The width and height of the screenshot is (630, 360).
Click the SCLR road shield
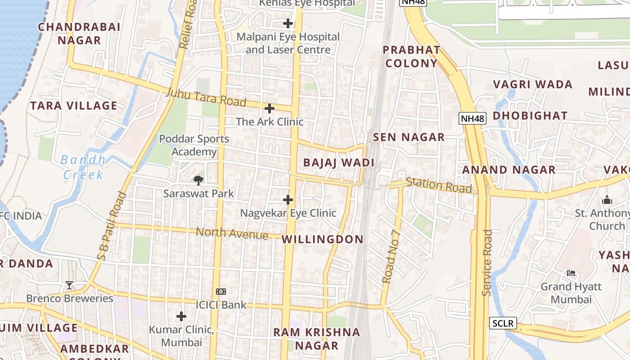[x=503, y=323]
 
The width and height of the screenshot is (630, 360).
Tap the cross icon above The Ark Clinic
[x=270, y=108]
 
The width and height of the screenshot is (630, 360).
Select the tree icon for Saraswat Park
[x=198, y=180]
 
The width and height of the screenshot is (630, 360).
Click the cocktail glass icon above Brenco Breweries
[x=69, y=285]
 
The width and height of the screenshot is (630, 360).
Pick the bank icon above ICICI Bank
[x=221, y=292]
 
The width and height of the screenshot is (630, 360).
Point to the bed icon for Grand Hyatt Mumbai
[x=571, y=273]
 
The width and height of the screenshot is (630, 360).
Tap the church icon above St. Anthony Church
[x=607, y=200]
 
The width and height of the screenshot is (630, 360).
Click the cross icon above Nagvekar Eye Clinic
[x=288, y=200]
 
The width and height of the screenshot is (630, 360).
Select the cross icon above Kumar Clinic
[x=181, y=317]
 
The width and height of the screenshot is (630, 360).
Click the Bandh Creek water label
[x=84, y=167]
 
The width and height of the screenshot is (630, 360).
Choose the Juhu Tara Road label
[x=206, y=98]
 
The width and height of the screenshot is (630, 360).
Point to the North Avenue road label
[x=232, y=233]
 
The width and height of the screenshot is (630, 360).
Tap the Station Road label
[x=439, y=185]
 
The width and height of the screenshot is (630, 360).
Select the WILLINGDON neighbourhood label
[x=322, y=239]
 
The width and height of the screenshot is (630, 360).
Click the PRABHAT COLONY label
[x=411, y=56]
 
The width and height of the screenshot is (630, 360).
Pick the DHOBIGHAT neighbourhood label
[x=530, y=116]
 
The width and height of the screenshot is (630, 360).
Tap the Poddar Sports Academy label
[x=194, y=145]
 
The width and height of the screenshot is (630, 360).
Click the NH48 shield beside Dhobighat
[x=472, y=119]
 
